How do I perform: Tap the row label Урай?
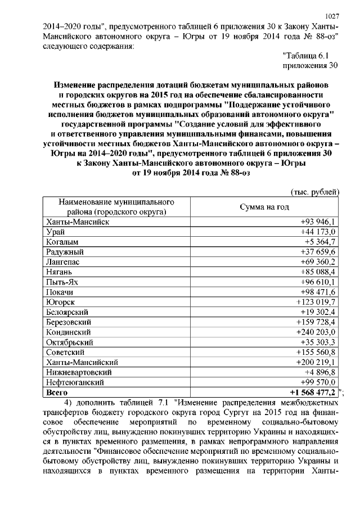point(56,232)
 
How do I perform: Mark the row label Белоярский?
point(69,312)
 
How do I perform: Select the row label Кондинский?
point(69,332)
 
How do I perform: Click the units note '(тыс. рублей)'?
point(314,192)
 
